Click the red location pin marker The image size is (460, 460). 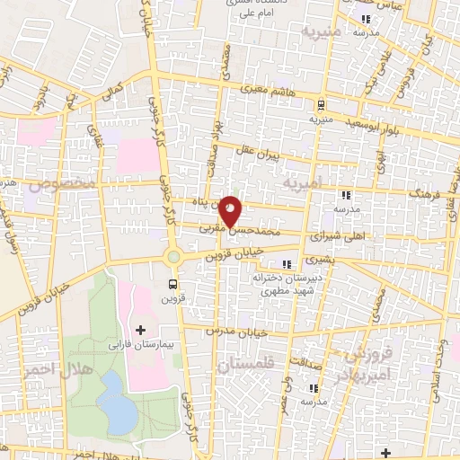click(x=231, y=210)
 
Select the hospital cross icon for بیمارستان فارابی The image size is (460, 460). click(x=139, y=331)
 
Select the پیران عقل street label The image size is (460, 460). click(x=279, y=155)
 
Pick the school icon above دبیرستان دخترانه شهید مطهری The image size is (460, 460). click(x=287, y=263)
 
